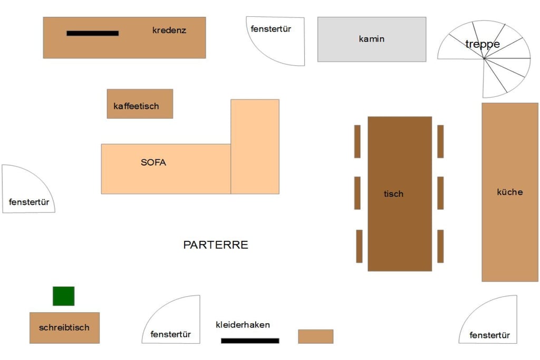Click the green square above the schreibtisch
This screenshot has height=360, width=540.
click(63, 296)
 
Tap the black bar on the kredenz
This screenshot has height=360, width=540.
click(93, 33)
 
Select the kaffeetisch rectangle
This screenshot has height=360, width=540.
click(140, 104)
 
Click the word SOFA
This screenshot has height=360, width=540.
click(153, 162)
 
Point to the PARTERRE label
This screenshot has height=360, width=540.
click(216, 245)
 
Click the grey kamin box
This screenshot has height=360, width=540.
click(372, 39)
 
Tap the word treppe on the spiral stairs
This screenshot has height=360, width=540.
click(483, 44)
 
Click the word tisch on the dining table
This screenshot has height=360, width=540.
click(393, 194)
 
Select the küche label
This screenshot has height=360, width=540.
click(510, 192)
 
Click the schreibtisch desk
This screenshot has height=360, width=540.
click(64, 328)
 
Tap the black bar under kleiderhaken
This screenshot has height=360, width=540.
click(250, 340)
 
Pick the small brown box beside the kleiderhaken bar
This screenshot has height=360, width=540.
click(315, 336)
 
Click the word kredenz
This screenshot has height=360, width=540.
click(169, 30)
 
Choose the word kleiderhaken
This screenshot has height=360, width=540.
click(243, 325)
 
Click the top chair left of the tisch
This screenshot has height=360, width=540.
click(358, 141)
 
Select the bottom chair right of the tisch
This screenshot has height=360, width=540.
click(440, 246)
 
